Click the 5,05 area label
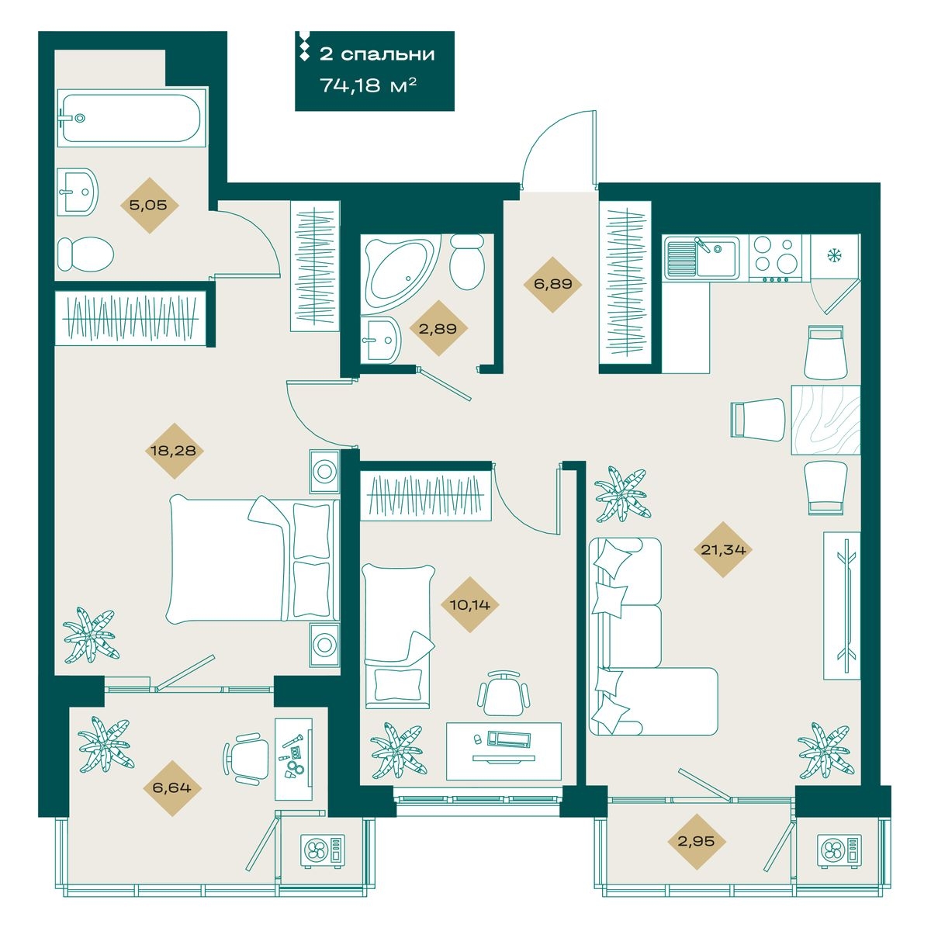[148, 206]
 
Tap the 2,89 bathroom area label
[438, 329]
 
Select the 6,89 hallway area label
[552, 284]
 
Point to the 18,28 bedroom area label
[174, 451]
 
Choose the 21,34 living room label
[723, 549]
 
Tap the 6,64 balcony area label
[171, 788]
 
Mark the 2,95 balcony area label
[696, 841]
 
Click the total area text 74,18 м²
[369, 86]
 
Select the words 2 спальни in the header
[377, 54]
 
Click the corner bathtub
[400, 273]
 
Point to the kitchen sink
[701, 258]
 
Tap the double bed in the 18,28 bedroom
[253, 559]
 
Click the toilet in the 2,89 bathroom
[467, 261]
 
